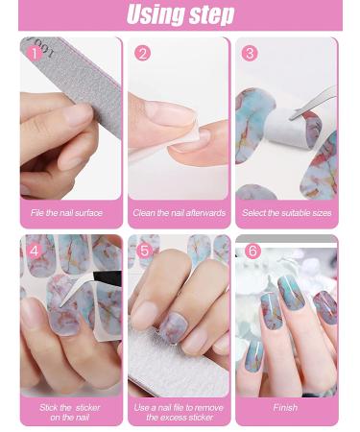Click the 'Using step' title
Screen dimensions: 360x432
coord(180,14)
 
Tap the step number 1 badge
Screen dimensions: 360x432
coord(35,54)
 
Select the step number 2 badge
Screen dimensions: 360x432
coord(142,53)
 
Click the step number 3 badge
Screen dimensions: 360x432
coord(250,53)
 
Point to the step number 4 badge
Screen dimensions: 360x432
coord(35,251)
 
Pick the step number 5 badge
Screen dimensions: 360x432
coord(144,251)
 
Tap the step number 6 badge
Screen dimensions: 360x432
coord(252,251)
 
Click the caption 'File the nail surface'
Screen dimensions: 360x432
coord(66,213)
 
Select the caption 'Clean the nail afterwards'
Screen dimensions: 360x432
coord(180,213)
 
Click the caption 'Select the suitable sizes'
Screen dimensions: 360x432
coord(287,213)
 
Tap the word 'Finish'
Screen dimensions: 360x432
coord(285,407)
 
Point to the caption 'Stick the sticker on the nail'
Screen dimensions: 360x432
coord(70,412)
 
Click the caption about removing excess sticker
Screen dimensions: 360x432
coord(179,412)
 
